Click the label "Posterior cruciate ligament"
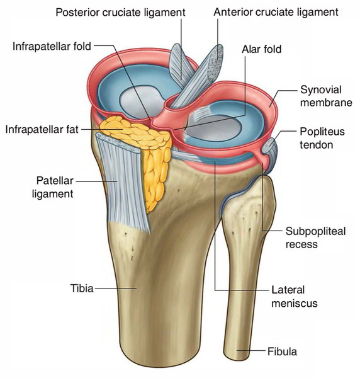(x=120, y=13)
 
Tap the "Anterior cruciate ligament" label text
(x=276, y=12)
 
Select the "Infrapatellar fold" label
(x=52, y=46)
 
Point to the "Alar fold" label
(x=262, y=49)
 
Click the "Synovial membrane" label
(x=326, y=96)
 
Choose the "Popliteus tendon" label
(x=322, y=138)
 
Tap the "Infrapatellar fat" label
(x=42, y=129)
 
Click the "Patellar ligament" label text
(x=53, y=187)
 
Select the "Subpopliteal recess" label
(x=315, y=238)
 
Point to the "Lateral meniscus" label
(x=295, y=297)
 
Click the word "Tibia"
(x=82, y=288)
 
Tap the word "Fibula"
(x=282, y=352)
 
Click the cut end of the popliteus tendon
(x=269, y=146)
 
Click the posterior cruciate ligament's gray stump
(x=181, y=65)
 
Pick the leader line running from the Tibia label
(x=115, y=288)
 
